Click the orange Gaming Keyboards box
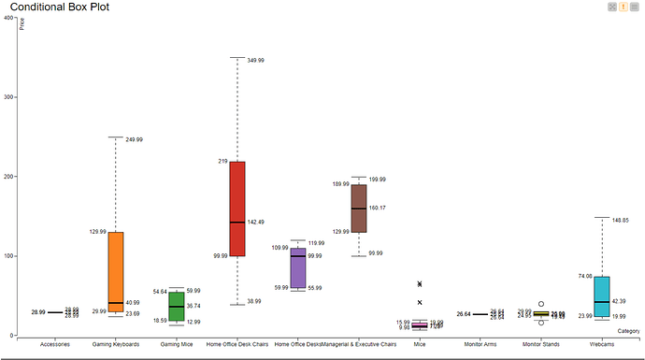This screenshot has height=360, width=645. [116, 271]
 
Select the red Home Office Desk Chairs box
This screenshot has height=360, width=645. [237, 208]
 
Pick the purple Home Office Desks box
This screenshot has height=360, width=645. [298, 267]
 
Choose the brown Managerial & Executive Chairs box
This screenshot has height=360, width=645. [359, 208]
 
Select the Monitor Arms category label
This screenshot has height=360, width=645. [480, 344]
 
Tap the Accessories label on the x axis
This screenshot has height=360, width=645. [55, 344]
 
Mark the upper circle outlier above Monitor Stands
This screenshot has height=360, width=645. [541, 304]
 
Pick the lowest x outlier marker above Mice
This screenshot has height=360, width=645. [420, 303]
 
